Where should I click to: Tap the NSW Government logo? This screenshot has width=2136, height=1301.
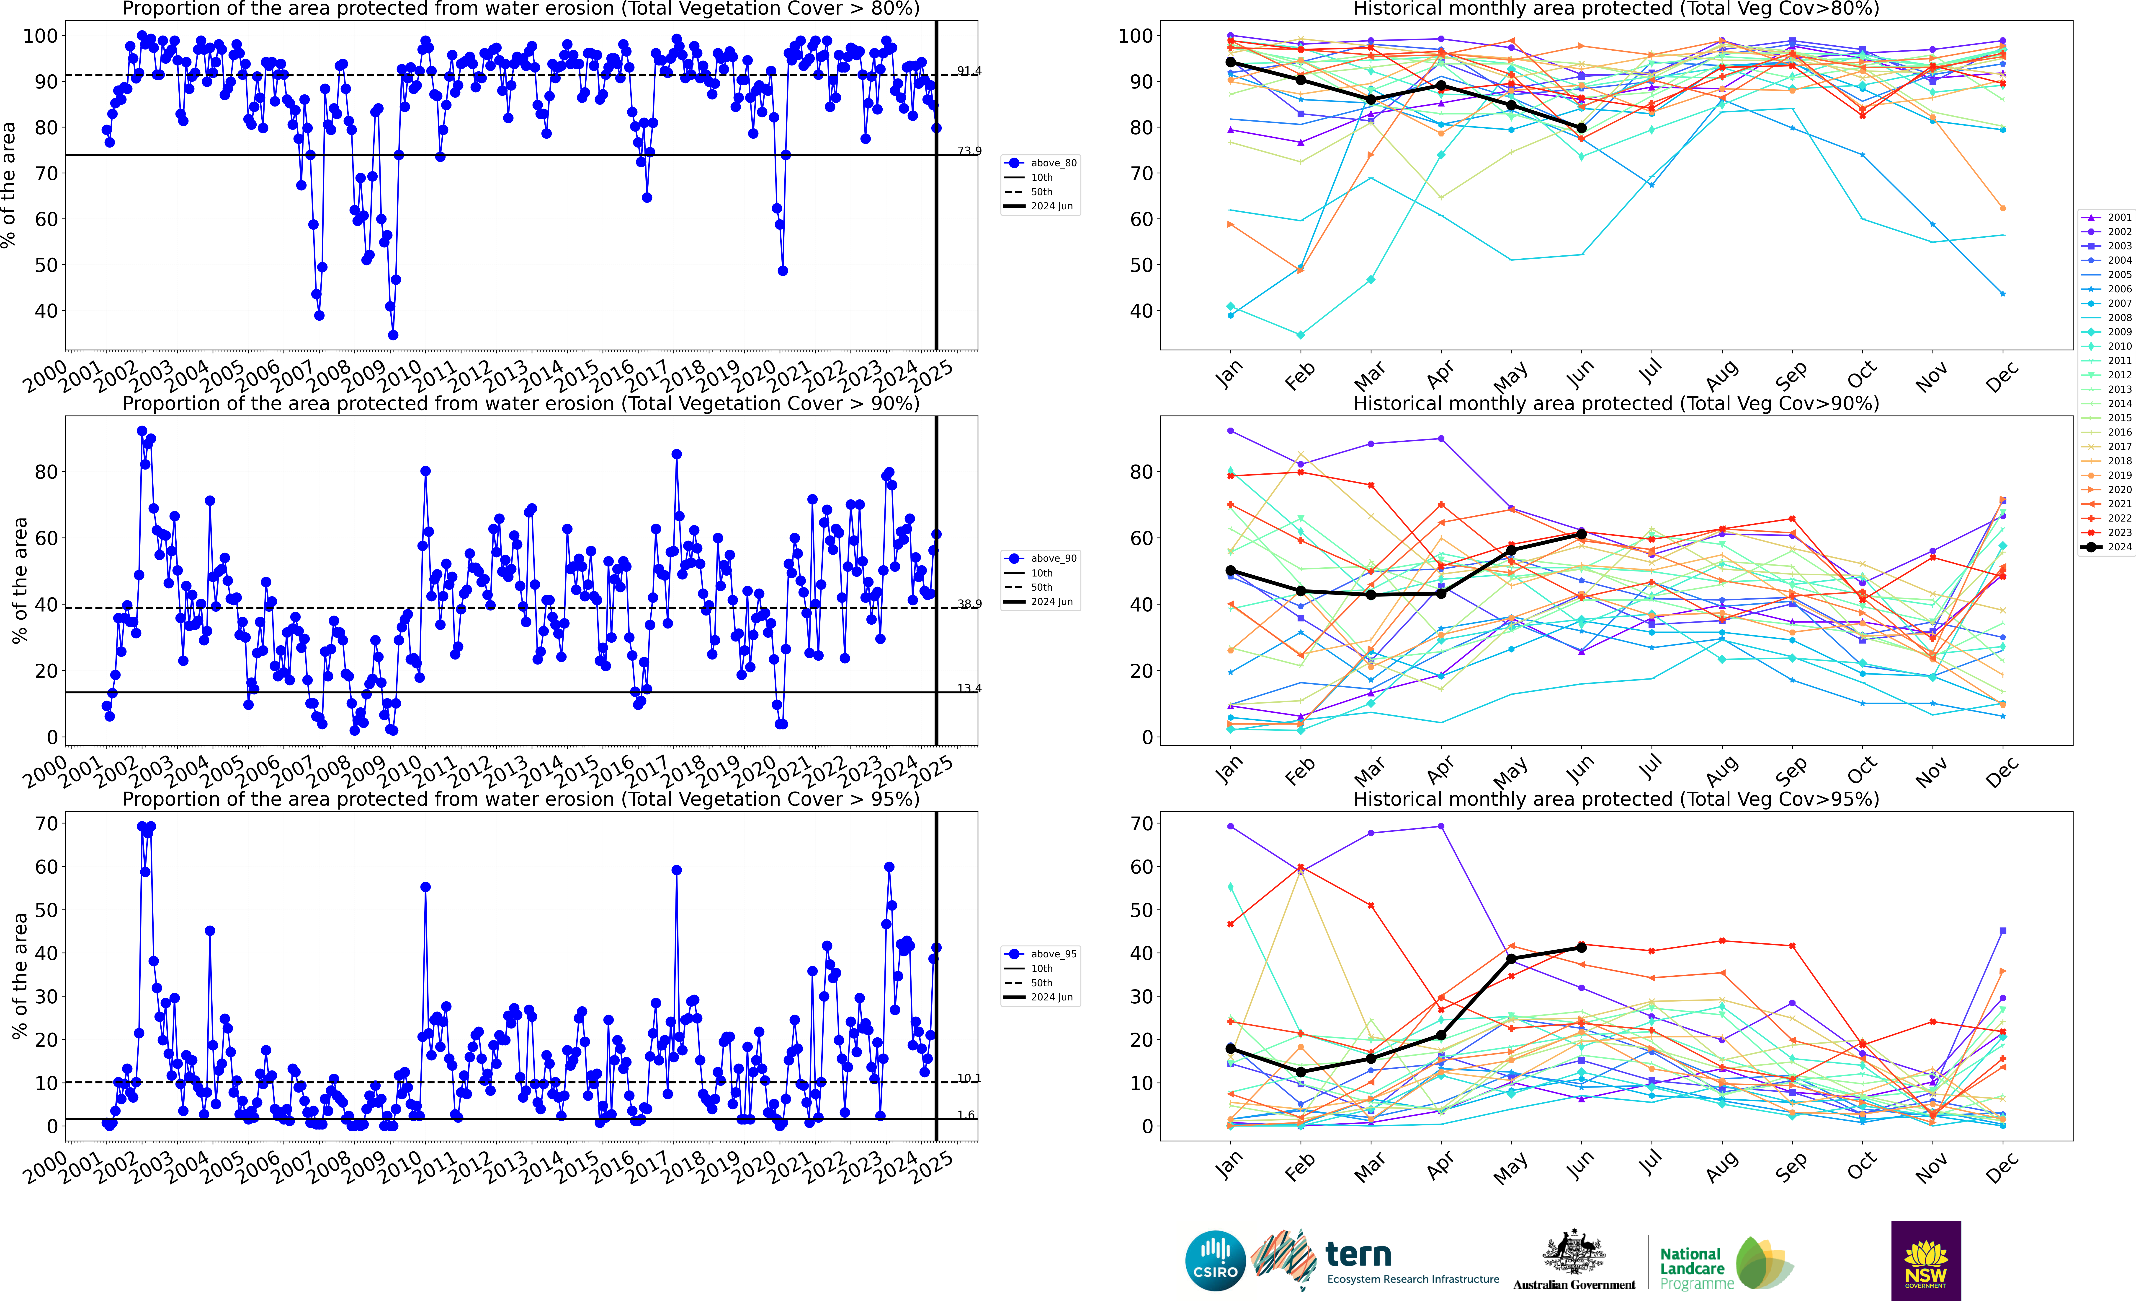click(1925, 1260)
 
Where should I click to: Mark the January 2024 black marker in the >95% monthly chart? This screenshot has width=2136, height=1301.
click(1230, 1049)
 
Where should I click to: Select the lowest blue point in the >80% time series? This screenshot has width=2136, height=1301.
click(393, 335)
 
